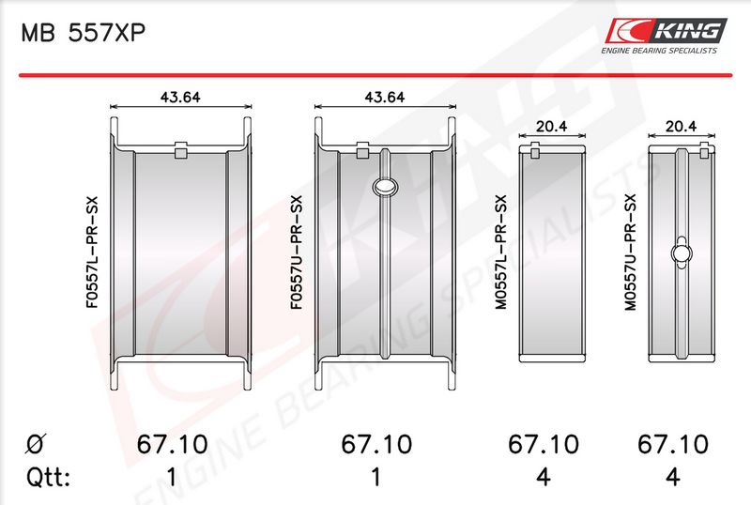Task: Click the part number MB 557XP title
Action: pos(83,34)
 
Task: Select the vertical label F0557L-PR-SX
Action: pos(92,252)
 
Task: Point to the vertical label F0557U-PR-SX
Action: pos(297,252)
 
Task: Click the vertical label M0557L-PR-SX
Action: pos(500,252)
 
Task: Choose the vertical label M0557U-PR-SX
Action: pos(630,252)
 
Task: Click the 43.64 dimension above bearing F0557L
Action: pos(180,98)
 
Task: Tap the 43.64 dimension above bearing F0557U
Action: pos(385,98)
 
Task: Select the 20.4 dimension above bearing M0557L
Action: pos(551,126)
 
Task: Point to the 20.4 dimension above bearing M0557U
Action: pos(682,126)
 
